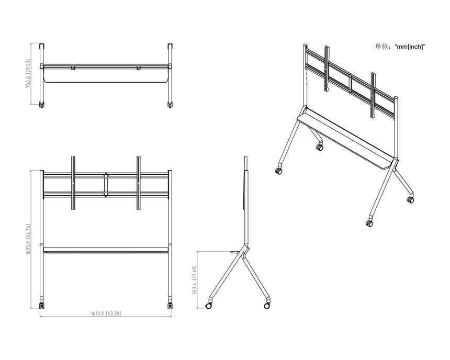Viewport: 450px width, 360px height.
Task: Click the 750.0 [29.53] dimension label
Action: coord(28,73)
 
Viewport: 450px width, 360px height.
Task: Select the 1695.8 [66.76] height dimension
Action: coord(28,239)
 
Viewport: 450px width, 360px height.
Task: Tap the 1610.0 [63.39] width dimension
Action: coord(106,313)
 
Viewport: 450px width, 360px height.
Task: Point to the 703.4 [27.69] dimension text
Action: coord(194,280)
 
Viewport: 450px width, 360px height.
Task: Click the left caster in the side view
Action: coord(208,306)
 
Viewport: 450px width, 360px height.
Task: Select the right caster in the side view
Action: coord(267,306)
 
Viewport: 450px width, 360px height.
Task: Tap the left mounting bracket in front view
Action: coord(73,183)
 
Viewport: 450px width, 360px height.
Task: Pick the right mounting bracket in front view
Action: coord(139,183)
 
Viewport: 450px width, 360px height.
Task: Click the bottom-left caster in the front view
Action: coord(42,305)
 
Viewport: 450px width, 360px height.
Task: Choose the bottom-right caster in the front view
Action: coord(170,305)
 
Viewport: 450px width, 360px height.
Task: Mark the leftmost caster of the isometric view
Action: coord(278,171)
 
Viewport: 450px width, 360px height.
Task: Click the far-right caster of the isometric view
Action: coord(410,199)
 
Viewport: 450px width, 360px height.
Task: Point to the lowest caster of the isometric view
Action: coord(369,223)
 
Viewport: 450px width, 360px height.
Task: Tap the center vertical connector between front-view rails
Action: coord(106,185)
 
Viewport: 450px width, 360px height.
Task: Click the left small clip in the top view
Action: coord(73,68)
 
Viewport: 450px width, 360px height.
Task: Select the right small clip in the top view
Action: coord(139,68)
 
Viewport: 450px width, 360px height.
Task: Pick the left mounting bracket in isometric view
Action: coord(327,69)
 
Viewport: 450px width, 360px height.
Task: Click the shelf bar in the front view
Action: coord(106,250)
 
